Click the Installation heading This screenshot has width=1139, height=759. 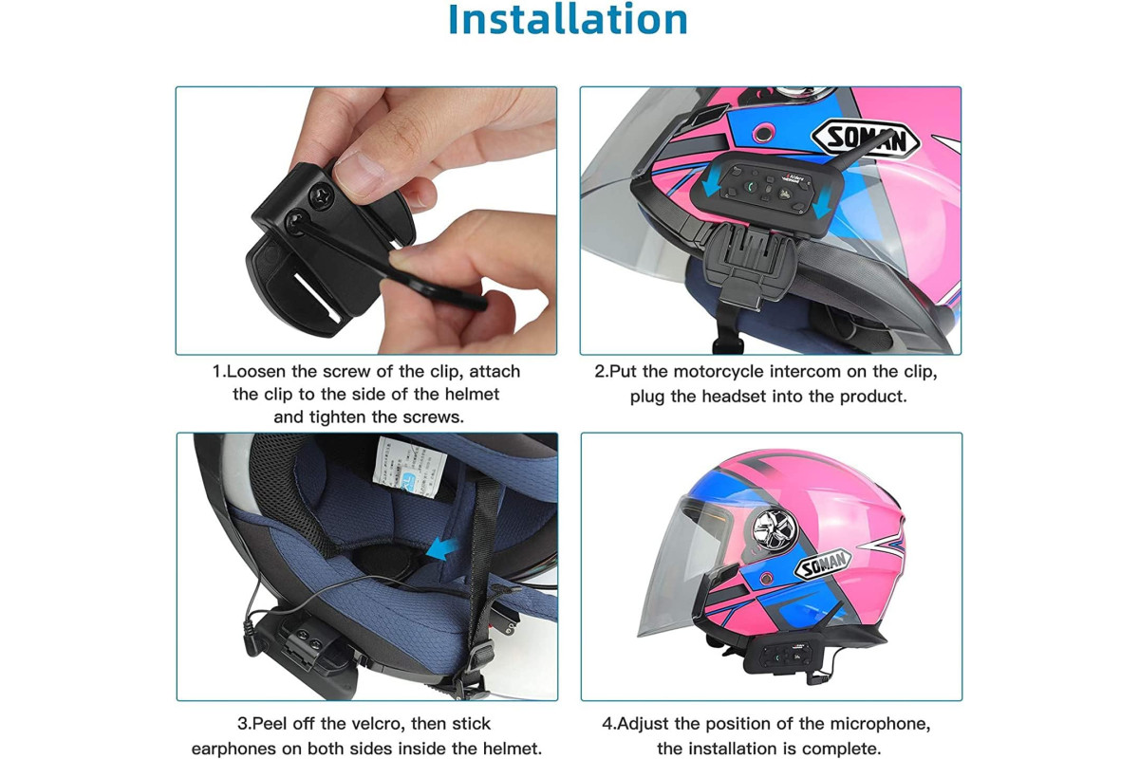coord(568,19)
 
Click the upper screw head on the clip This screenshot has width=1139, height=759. coord(322,195)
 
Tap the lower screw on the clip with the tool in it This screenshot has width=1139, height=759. coord(296,222)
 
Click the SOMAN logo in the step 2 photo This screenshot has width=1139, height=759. coord(866,139)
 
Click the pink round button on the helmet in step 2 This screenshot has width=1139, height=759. coord(761,134)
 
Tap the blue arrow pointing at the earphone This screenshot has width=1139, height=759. coord(440,549)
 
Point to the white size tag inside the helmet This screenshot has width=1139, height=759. coord(409,468)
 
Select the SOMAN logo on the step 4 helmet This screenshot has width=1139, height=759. coord(823,564)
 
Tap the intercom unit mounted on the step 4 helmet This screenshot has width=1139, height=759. coord(782,657)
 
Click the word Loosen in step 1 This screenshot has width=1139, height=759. coord(255,372)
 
